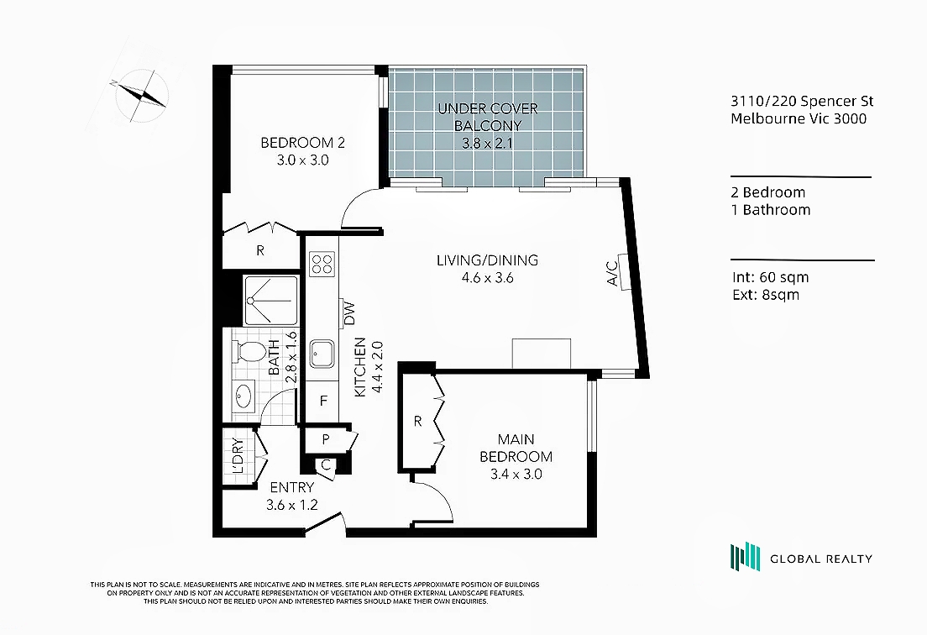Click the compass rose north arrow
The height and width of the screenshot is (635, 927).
coord(142,95)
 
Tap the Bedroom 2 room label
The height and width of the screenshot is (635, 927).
coord(302,143)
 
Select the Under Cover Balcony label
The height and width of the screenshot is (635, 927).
coord(488,117)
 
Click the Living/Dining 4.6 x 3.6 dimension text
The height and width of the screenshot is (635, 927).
coord(487,277)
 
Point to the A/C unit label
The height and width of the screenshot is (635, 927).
coord(612,273)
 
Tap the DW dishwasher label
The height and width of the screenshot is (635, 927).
coord(348,314)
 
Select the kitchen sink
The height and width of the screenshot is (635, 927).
coord(322,354)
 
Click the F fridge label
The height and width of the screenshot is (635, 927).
coord(323,401)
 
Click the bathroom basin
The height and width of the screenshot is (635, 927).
coord(243,396)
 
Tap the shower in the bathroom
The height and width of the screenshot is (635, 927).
coord(271,301)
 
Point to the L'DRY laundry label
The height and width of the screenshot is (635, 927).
coord(238,456)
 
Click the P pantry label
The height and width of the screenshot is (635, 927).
coord(325,439)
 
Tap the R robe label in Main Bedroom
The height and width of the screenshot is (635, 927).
coord(418,422)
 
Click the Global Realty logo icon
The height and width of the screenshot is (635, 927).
coord(745,557)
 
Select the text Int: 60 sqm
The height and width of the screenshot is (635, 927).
coord(770,277)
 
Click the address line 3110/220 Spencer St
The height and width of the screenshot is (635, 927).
coord(802,101)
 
